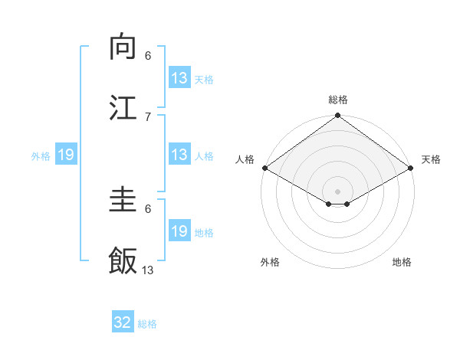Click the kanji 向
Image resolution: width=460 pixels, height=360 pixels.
point(123,47)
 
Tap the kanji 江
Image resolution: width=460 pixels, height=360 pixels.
point(123,107)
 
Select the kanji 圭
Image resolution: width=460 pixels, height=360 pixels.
point(123,201)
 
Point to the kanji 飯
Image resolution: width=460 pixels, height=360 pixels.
point(123,260)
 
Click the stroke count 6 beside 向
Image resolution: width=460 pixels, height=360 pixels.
point(148,55)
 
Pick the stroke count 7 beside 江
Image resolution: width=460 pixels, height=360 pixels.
point(148,116)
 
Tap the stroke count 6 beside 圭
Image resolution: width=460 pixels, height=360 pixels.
point(148,208)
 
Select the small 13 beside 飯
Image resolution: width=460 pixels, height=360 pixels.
point(148,270)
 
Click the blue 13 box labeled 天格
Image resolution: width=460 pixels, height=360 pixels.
point(179,79)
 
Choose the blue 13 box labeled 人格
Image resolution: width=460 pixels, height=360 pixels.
point(179,155)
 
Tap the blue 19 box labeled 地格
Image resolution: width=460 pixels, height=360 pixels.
point(179,232)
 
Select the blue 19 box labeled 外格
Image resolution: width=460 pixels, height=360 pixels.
point(66,155)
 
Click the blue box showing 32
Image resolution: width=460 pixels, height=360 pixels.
point(123,322)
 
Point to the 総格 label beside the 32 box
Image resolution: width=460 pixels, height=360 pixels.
point(148,324)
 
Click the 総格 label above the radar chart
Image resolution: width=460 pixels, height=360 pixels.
point(338,100)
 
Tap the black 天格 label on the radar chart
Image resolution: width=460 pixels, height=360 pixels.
point(431,159)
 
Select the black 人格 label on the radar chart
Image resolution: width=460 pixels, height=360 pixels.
point(245,159)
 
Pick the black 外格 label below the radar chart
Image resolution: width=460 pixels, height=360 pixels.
point(270,262)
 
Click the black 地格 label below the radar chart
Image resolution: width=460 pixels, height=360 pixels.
point(402,262)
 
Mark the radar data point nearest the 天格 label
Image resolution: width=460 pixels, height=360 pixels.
point(411,168)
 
